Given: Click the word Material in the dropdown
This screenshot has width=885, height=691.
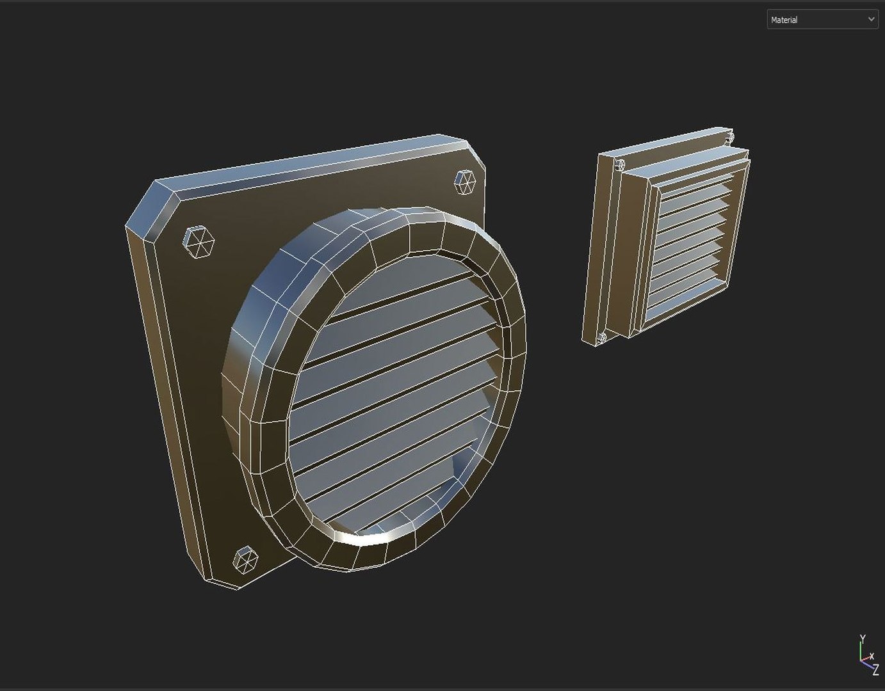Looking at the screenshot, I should coord(784,20).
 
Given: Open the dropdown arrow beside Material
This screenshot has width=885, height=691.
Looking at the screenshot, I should coord(871,19).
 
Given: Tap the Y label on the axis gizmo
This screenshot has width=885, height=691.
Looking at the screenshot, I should coord(863,639).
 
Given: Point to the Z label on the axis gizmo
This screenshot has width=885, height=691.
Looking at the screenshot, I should coord(875,671).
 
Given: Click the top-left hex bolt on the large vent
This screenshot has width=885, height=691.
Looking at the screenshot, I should coord(199,242).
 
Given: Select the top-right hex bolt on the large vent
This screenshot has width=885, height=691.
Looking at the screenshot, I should coord(465,182).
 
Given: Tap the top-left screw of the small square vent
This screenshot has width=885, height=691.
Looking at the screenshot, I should coord(619,164).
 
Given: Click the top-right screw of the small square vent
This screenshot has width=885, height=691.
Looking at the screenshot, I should coord(729,138).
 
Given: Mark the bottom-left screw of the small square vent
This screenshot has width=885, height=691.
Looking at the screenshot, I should coord(601,338).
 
